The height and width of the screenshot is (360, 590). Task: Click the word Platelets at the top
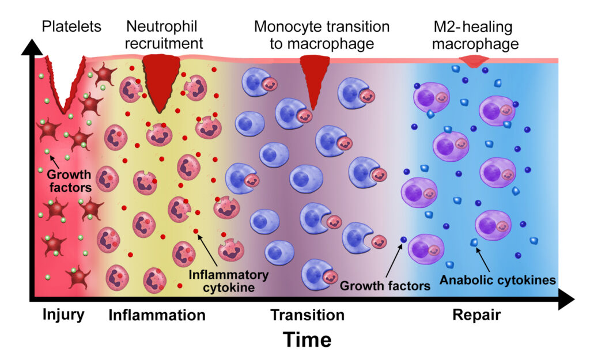[x=72, y=26]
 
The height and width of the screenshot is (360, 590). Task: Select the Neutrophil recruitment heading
[x=165, y=35]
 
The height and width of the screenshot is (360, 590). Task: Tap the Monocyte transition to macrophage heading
[x=322, y=35]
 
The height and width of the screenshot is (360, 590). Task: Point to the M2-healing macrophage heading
[x=476, y=35]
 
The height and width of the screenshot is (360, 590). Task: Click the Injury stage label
[x=63, y=315]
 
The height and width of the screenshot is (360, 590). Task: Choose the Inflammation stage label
[x=157, y=315]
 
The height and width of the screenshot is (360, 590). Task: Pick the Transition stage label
[x=307, y=315]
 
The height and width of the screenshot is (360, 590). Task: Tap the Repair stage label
[x=476, y=315]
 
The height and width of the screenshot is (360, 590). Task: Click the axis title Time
[x=307, y=340]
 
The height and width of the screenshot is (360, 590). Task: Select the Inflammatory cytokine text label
[x=229, y=281]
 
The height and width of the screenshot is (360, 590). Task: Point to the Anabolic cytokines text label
[x=497, y=281]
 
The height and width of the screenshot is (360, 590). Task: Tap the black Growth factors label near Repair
[x=385, y=285]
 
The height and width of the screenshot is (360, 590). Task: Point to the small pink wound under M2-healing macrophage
[x=474, y=62]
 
